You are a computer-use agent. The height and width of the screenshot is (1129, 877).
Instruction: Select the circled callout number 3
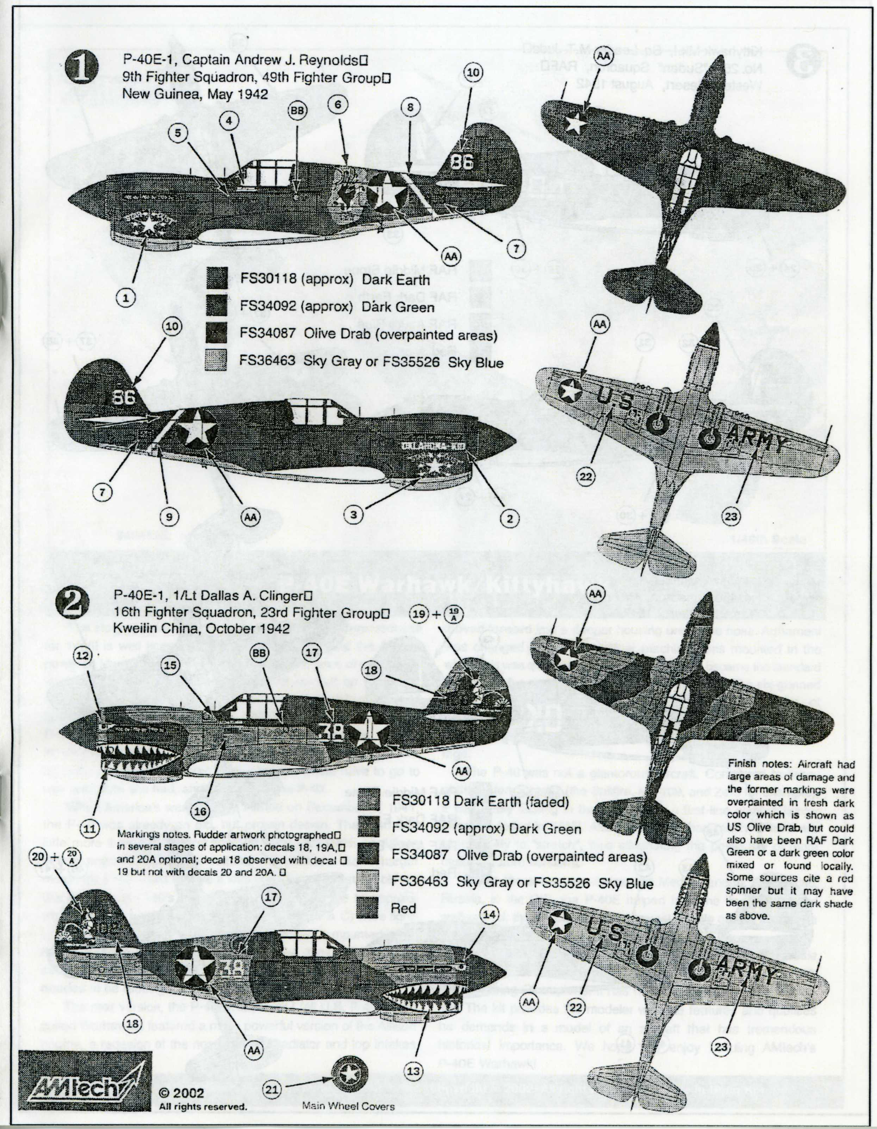(x=354, y=514)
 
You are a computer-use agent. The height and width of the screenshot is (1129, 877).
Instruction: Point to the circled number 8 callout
(x=410, y=107)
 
